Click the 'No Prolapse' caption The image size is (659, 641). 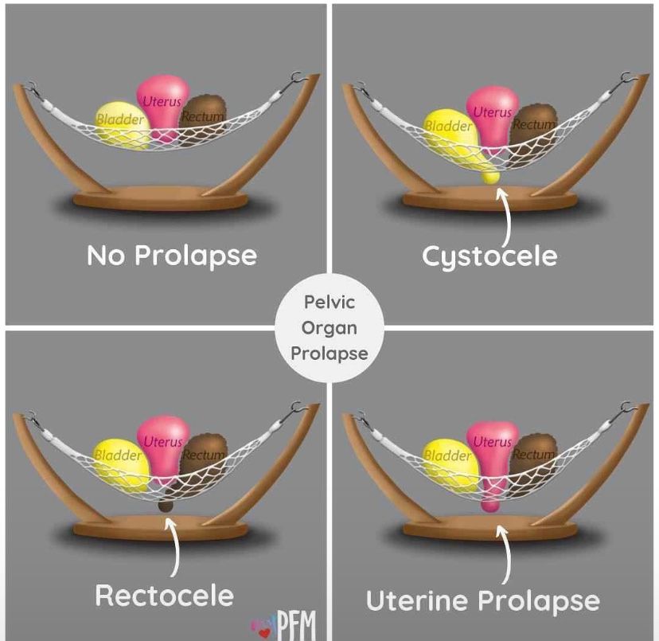click(x=172, y=256)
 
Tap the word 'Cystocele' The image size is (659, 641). click(x=489, y=256)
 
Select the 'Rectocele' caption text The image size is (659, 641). click(x=164, y=596)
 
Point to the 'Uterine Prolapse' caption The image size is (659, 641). click(x=483, y=601)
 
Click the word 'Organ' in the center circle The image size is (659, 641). click(x=329, y=329)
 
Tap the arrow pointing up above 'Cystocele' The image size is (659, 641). click(x=505, y=218)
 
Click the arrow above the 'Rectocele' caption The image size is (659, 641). click(x=174, y=547)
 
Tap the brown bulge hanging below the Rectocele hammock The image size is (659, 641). click(x=166, y=506)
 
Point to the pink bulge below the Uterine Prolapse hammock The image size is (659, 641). click(x=490, y=503)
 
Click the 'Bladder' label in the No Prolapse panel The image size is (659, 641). click(x=120, y=119)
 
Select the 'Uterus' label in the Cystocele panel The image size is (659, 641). click(x=492, y=112)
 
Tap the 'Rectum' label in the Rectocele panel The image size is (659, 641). click(x=205, y=455)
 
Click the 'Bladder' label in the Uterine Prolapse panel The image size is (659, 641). click(x=447, y=455)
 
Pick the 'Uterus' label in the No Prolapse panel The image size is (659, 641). click(x=162, y=101)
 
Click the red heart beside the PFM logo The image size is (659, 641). click(x=264, y=633)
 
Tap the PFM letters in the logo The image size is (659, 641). click(x=296, y=625)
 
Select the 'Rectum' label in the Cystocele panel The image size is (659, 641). click(x=534, y=124)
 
